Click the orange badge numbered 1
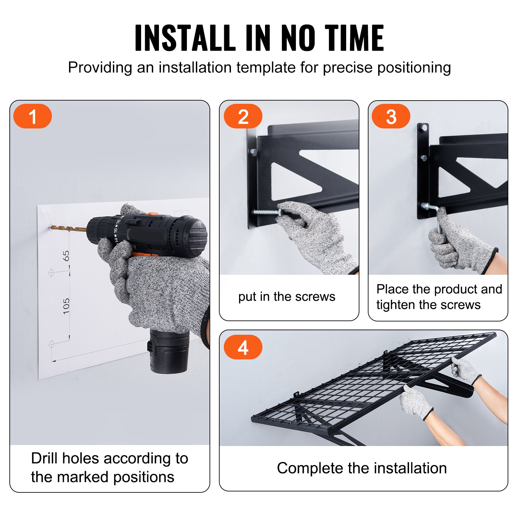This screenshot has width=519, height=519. point(32,116)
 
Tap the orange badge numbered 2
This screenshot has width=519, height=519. point(243,116)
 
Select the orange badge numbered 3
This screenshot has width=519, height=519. point(391,116)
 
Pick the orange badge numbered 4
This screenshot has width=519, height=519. point(243,347)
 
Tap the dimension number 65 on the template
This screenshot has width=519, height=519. point(66,256)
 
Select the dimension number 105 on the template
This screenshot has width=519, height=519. point(66,306)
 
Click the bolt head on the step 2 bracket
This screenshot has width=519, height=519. point(253,152)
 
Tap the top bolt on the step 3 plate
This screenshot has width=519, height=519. point(423,128)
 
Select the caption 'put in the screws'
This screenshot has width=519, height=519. point(287,296)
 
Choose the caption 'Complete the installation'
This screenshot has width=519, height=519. point(362,468)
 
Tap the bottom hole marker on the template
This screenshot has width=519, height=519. point(52,344)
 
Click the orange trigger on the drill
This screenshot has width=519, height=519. point(143,255)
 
